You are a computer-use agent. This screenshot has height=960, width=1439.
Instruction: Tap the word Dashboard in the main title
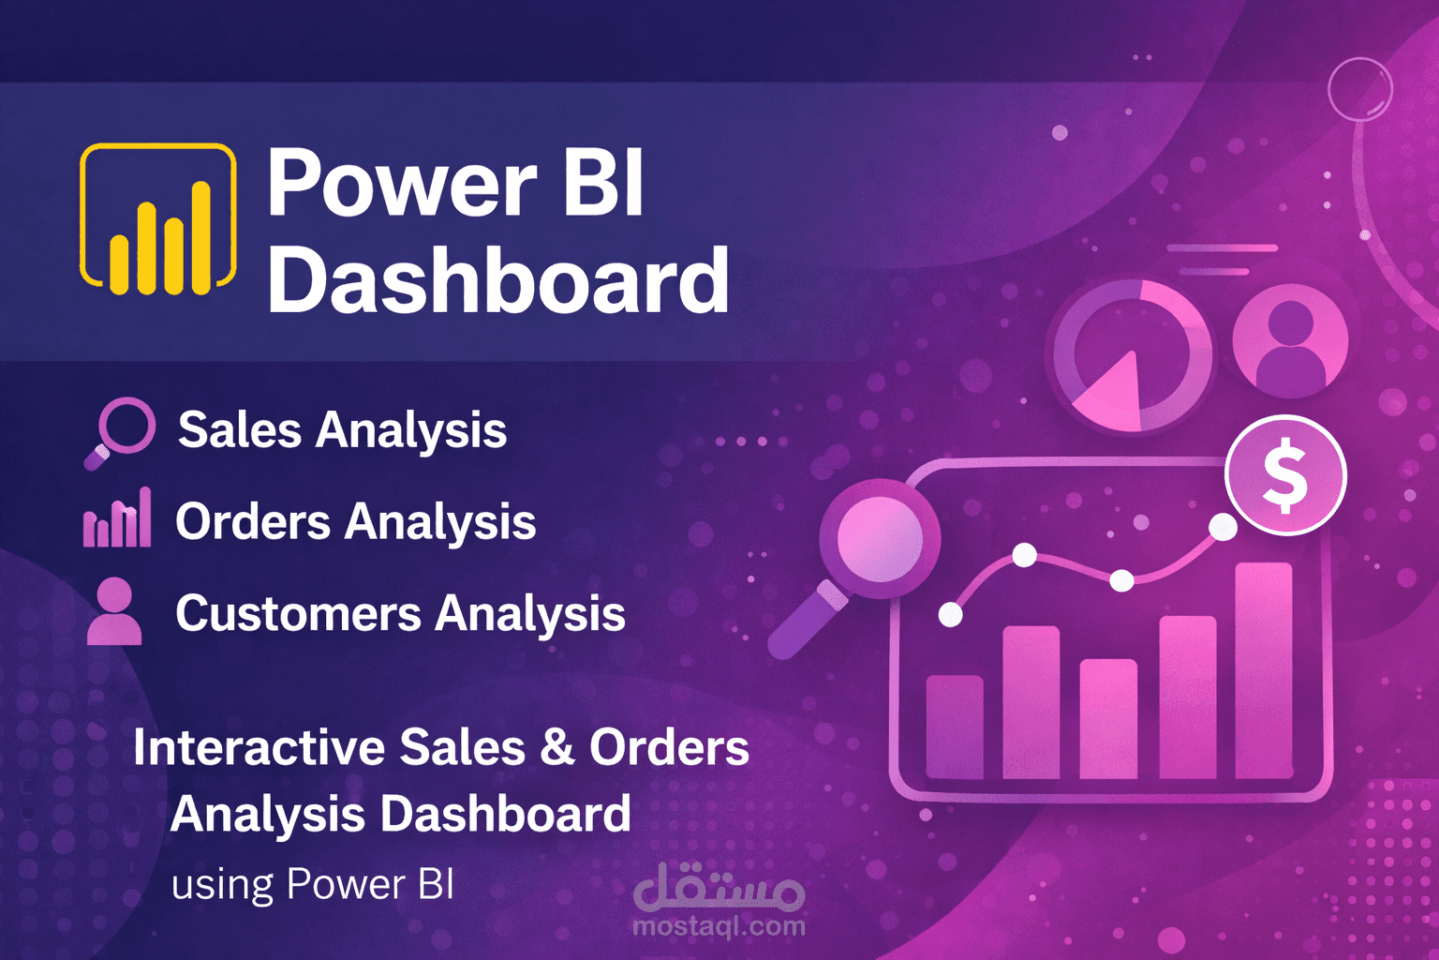(497, 280)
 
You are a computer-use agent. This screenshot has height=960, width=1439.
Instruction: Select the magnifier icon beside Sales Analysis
(122, 429)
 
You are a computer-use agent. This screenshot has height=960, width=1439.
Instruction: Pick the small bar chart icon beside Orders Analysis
(117, 519)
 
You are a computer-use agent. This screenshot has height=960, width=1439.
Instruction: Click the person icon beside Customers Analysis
(114, 611)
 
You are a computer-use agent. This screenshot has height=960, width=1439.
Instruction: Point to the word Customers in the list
(298, 614)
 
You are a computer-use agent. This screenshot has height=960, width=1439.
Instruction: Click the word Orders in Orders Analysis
(253, 521)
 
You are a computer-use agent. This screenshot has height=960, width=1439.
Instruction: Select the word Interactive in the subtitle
(259, 747)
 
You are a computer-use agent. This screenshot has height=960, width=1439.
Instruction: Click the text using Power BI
(312, 884)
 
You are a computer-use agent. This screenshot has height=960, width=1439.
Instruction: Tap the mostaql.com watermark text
(719, 926)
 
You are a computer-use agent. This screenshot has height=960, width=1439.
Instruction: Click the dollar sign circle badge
(1285, 475)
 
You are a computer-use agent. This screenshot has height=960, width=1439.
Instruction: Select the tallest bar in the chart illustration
(1264, 669)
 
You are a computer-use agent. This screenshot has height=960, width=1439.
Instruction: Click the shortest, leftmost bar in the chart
(955, 727)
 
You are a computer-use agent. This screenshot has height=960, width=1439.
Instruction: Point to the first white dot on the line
(950, 615)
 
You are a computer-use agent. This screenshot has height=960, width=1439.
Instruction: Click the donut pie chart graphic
(1132, 355)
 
